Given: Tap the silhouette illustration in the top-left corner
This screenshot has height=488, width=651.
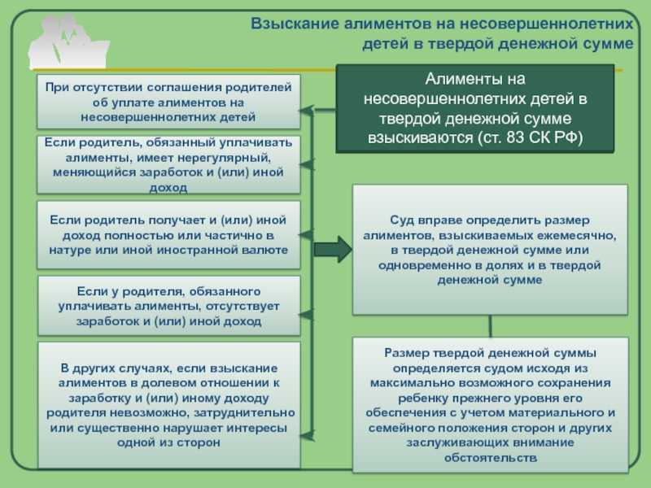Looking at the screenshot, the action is point(69,41).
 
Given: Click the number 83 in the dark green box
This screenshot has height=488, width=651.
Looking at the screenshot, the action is point(515,137).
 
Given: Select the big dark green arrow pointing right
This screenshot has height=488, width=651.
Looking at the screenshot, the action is point(333,250).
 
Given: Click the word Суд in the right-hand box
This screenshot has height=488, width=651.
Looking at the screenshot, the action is point(402,220).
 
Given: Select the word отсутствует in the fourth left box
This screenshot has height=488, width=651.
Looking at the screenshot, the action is point(242,307).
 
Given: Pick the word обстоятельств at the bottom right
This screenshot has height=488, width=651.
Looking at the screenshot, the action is point(491,458).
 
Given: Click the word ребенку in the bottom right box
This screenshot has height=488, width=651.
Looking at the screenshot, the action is point(423,399).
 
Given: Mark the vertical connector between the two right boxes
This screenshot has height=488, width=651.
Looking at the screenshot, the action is point(491,326).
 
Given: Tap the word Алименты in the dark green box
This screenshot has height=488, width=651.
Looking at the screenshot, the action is point(454,78).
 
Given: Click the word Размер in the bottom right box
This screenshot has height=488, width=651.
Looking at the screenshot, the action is point(406,353).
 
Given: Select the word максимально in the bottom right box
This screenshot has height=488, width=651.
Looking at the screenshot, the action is point(410,383).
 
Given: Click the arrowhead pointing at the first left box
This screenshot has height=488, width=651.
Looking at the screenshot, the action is point(306,111).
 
